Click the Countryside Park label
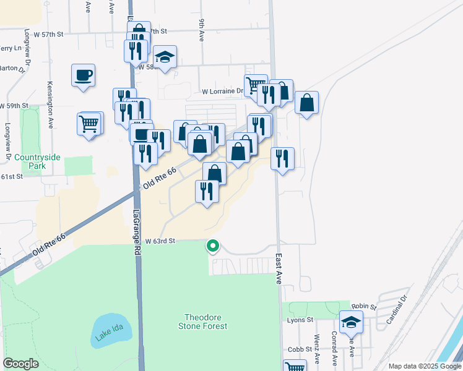tap(38, 162)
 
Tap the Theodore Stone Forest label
tap(204, 321)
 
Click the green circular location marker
tap(213, 246)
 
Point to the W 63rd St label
tap(161, 241)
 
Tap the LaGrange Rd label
tap(136, 232)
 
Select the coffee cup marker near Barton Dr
tap(83, 75)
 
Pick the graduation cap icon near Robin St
tap(351, 322)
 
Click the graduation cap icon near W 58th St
tap(165, 57)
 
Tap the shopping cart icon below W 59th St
tap(89, 124)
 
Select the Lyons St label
tap(301, 320)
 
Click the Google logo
tap(20, 364)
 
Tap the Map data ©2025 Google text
tap(425, 366)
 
